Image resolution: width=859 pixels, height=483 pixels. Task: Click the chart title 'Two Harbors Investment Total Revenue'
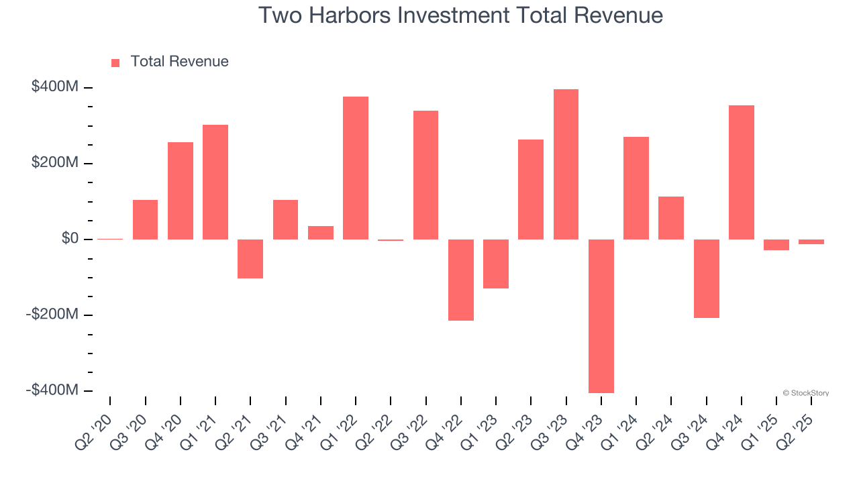click(460, 15)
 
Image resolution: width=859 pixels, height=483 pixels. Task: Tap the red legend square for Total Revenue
click(115, 62)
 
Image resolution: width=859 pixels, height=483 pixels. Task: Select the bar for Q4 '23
click(601, 315)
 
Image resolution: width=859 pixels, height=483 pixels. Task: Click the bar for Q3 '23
click(566, 164)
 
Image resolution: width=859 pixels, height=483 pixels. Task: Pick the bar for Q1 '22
click(356, 168)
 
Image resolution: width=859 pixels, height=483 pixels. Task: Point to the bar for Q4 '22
click(461, 280)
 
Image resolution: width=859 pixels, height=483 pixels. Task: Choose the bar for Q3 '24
click(706, 278)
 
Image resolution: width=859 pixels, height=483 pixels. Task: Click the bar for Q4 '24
click(741, 172)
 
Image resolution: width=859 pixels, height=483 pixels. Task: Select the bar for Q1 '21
click(215, 182)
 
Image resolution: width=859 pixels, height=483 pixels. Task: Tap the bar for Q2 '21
click(250, 258)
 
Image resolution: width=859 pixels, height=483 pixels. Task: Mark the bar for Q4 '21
click(321, 232)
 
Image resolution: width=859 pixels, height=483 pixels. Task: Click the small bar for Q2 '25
click(811, 241)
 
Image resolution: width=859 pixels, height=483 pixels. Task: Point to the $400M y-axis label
click(54, 87)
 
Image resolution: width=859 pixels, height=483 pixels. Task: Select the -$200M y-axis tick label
click(52, 315)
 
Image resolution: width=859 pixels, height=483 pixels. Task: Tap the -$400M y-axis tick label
click(52, 390)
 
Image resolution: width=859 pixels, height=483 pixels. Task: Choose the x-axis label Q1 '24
click(624, 423)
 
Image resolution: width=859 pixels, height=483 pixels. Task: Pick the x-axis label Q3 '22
click(413, 423)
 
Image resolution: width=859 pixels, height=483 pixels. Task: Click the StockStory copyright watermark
click(805, 393)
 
